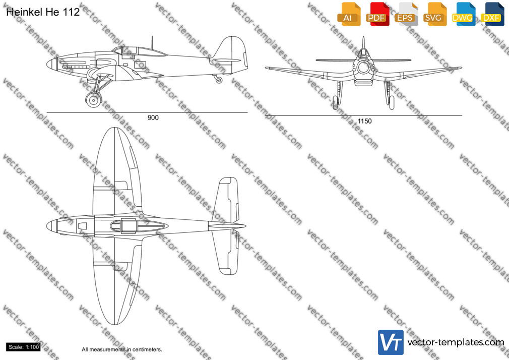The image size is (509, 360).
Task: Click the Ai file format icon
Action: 349,14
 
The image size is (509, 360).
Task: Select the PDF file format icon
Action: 377,14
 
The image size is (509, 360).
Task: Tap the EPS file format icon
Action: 406,14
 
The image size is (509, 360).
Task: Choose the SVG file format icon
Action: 434,14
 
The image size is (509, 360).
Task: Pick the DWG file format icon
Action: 464,14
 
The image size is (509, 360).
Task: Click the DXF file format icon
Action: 492,14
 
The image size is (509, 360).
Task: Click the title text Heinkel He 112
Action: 43,12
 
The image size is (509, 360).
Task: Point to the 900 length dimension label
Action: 153,117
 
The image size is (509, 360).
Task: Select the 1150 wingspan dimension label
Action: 364,121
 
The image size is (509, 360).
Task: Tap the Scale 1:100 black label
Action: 23,347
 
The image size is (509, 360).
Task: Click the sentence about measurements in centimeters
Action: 122,349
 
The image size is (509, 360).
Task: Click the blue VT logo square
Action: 391,342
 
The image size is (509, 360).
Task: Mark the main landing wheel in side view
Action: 93,100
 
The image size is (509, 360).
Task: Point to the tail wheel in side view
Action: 219,80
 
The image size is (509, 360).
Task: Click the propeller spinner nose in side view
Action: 51,64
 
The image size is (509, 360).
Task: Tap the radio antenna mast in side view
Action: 152,43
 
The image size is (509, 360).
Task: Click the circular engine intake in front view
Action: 363,67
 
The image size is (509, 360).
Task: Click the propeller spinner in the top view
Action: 51,226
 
